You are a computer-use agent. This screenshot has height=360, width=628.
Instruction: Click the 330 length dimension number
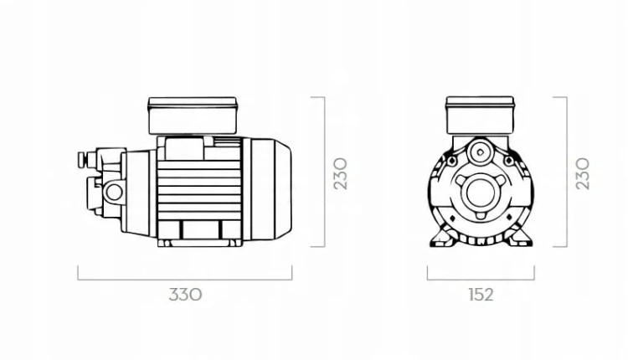(185, 295)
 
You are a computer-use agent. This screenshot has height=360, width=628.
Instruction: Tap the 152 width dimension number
(481, 295)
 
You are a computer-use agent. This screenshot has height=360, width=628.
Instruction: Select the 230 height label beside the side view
(341, 173)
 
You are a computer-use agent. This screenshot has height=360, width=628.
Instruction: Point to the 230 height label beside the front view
(582, 173)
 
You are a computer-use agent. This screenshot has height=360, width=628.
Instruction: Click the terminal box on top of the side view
(193, 116)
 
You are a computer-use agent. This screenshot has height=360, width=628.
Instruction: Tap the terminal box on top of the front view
(480, 116)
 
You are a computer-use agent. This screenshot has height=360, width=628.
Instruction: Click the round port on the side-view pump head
(114, 193)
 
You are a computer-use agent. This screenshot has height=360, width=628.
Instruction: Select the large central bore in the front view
(481, 193)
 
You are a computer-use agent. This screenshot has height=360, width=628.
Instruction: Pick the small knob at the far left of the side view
(82, 159)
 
